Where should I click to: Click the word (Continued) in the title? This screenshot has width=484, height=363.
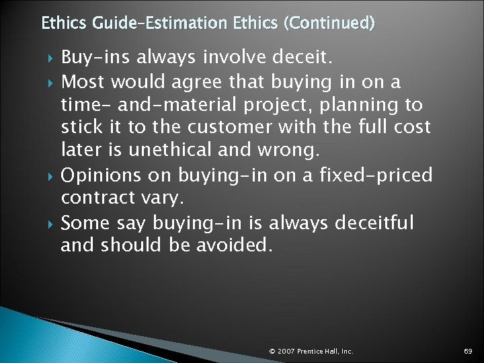pyautogui.click(x=329, y=24)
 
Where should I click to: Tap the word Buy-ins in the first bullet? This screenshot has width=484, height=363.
pyautogui.click(x=95, y=58)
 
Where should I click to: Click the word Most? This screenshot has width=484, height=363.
pyautogui.click(x=83, y=82)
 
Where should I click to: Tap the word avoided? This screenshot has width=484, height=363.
pyautogui.click(x=235, y=245)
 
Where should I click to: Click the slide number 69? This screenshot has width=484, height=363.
pyautogui.click(x=468, y=351)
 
